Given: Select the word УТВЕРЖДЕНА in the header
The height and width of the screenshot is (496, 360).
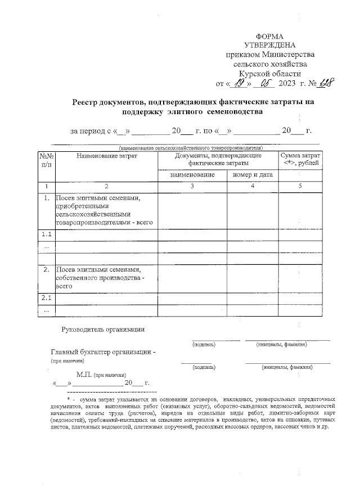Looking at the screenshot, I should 269,44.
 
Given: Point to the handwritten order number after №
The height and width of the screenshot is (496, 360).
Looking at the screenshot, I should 325,83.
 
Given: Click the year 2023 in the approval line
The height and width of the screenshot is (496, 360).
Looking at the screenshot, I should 287,84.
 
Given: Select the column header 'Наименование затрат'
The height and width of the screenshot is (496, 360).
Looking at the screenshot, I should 106,156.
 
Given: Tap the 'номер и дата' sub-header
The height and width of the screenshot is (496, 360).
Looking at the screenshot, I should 253,174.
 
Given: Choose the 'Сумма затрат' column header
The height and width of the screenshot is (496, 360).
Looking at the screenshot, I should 301,155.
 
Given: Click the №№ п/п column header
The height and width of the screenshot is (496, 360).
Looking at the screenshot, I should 46,160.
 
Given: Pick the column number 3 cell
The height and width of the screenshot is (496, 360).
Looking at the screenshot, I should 192,186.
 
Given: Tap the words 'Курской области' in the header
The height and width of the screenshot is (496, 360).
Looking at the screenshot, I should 269,74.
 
